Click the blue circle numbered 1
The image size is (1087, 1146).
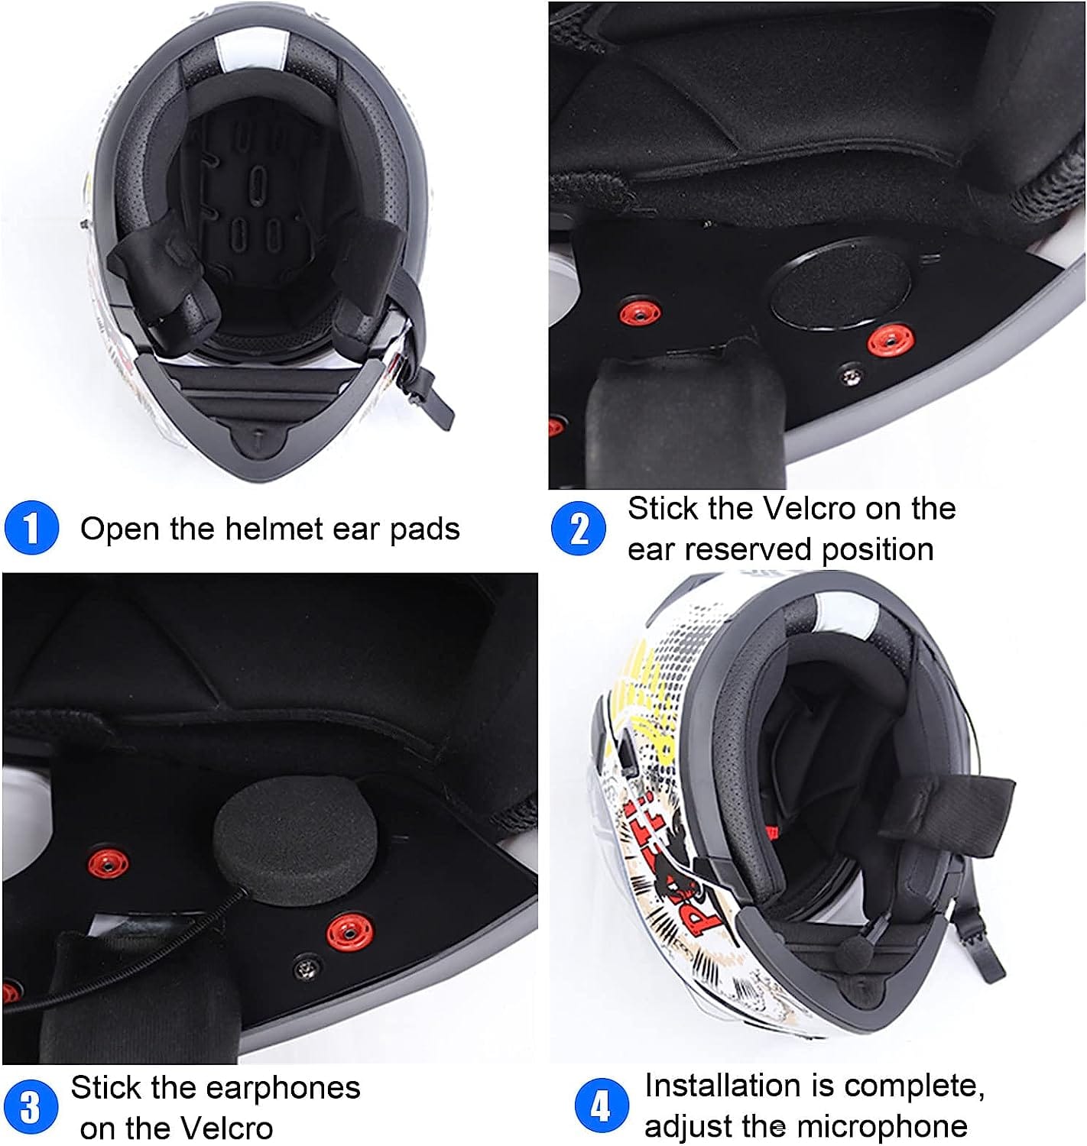click(31, 527)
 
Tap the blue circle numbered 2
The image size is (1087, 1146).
click(578, 528)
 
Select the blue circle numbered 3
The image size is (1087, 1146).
click(30, 1107)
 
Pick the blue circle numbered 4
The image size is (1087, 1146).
click(602, 1106)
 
